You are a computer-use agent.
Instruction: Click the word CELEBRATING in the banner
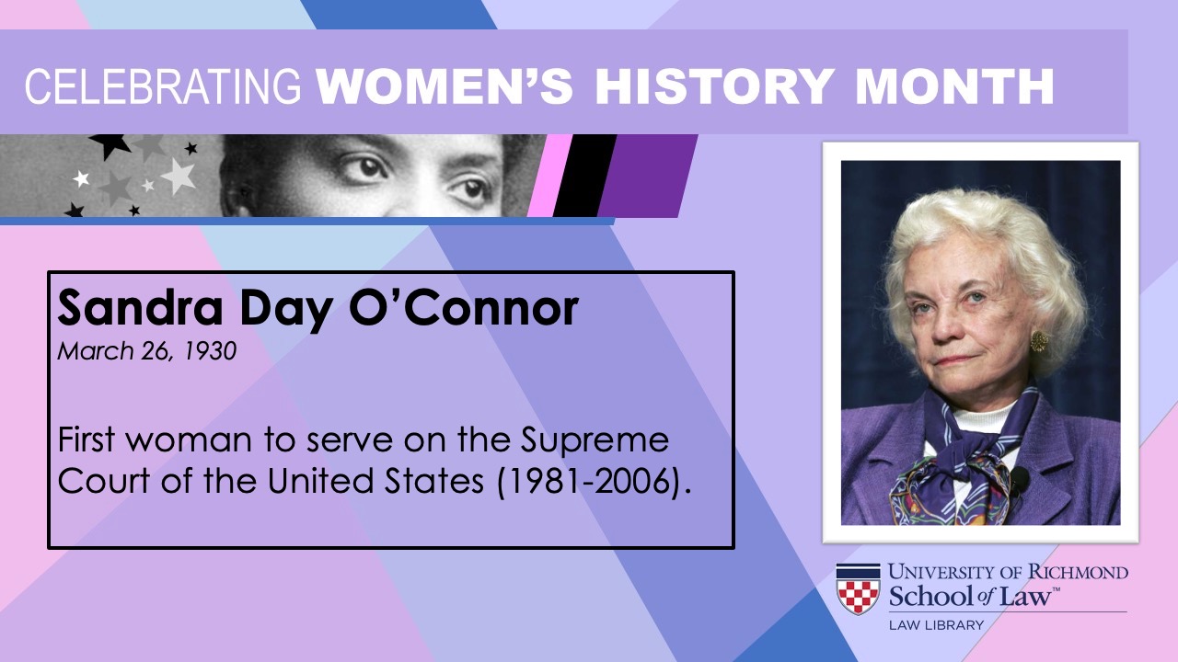[x=163, y=86]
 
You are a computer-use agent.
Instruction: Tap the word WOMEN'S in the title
[x=445, y=86]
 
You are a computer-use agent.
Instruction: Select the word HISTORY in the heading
[x=715, y=86]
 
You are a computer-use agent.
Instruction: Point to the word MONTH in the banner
[x=955, y=86]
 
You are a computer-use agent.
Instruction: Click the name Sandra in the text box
[x=141, y=308]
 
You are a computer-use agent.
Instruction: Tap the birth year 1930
[x=209, y=351]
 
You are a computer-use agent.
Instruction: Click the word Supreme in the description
[x=595, y=441]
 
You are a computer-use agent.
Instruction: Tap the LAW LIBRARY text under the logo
[x=936, y=625]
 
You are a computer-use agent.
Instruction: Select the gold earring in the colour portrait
[x=1039, y=341]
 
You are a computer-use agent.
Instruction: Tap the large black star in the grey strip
[x=110, y=145]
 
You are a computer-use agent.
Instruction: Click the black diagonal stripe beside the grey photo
[x=584, y=176]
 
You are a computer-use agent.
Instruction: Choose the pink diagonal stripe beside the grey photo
[x=549, y=176]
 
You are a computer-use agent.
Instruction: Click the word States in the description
[x=433, y=480]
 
